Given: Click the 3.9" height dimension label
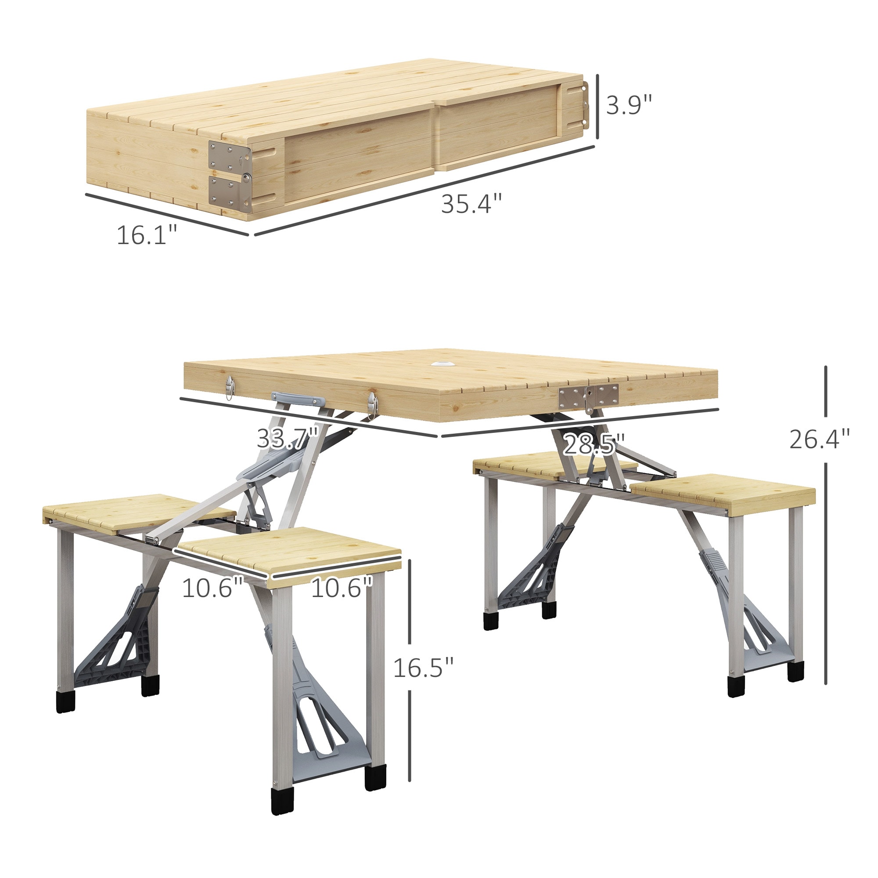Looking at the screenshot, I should pos(629,105).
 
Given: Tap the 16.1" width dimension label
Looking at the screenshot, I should pos(147,235).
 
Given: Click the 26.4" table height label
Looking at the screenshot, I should pos(819,439).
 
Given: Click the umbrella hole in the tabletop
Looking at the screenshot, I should pos(440,363).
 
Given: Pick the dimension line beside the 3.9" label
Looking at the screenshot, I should pos(598,107).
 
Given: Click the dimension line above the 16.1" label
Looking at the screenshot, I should pos(167,215).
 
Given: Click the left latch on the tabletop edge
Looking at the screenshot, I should pos(230,388).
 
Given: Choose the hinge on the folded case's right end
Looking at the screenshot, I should pos(585,105).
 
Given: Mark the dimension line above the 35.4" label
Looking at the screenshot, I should pos(425,191).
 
